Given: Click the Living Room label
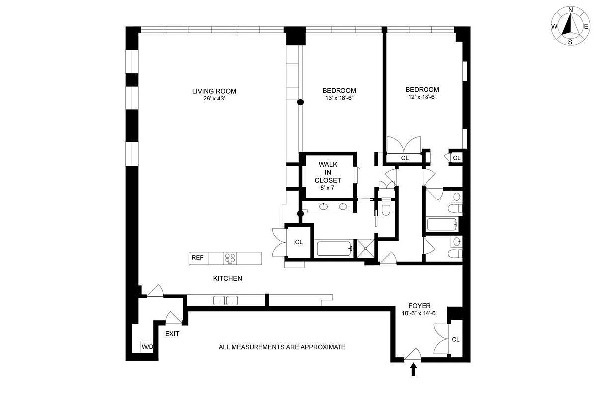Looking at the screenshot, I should tap(214, 91).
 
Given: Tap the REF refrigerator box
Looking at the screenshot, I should tap(198, 258).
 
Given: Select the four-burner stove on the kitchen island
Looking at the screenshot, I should tap(230, 258).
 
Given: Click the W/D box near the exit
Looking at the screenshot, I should tap(147, 346).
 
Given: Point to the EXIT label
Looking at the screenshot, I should tap(172, 334).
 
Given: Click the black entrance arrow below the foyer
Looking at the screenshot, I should tap(413, 369).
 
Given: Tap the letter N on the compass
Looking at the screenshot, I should tap(571, 10).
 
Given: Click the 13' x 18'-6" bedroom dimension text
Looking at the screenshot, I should tap(339, 98).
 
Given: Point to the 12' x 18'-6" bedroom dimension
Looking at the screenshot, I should tap(422, 98).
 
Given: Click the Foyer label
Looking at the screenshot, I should tap(419, 306).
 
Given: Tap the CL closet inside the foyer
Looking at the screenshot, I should tap(456, 339).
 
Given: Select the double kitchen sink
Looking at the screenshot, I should tap(225, 300).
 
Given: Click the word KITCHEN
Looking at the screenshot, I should tap(227, 278).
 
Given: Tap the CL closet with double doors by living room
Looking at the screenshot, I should tap(299, 242).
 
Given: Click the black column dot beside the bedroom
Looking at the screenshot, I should tap(300, 102).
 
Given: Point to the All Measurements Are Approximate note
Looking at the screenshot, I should tap(282, 347).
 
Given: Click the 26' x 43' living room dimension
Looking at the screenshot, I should tap(214, 99).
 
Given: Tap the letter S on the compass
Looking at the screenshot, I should tap(570, 42).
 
